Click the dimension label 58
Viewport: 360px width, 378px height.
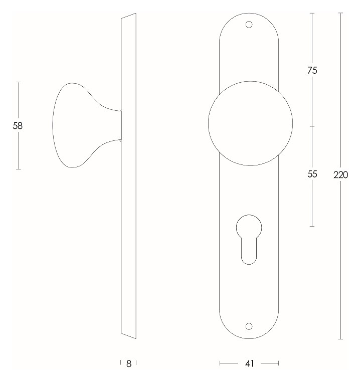pos(18,126)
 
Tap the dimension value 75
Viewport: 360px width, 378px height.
pos(312,71)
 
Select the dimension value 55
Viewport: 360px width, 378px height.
pos(312,174)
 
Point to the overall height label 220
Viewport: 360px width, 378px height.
pos(340,175)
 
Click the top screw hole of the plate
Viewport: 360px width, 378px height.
pos(249,24)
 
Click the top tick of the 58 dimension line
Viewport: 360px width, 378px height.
pos(18,82)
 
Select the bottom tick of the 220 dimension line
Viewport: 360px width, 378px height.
pos(340,339)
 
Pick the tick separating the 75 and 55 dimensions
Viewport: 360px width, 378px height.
pos(312,126)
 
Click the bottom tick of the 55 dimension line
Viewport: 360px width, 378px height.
pos(312,226)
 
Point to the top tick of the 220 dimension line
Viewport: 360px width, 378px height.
pos(340,13)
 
